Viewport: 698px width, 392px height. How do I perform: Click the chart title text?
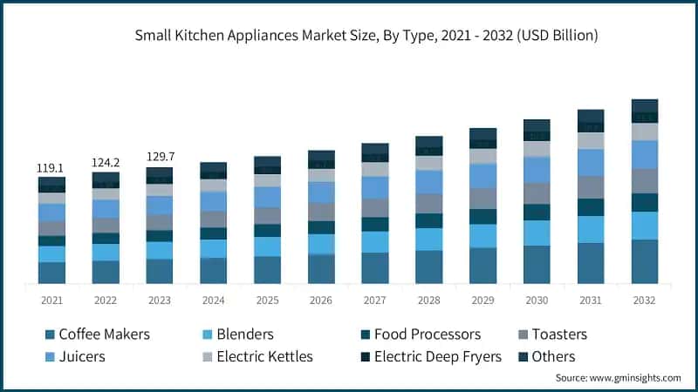(x=366, y=36)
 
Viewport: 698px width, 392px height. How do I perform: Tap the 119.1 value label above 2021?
(x=51, y=167)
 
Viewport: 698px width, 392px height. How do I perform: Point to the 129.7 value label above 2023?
(x=160, y=158)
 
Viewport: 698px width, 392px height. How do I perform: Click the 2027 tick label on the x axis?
(x=375, y=300)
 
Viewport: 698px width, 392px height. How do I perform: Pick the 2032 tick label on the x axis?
(x=645, y=300)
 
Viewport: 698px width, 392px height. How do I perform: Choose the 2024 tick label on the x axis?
(x=214, y=300)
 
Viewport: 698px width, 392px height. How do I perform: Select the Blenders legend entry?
(x=244, y=335)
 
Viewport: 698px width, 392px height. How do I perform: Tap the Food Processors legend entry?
(x=427, y=335)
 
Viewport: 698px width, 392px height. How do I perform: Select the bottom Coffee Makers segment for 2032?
(x=645, y=261)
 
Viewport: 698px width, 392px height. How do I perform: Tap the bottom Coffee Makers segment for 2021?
(x=51, y=273)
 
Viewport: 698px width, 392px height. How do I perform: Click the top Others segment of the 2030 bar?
(x=537, y=125)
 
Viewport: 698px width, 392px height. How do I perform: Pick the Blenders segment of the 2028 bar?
(x=429, y=240)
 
